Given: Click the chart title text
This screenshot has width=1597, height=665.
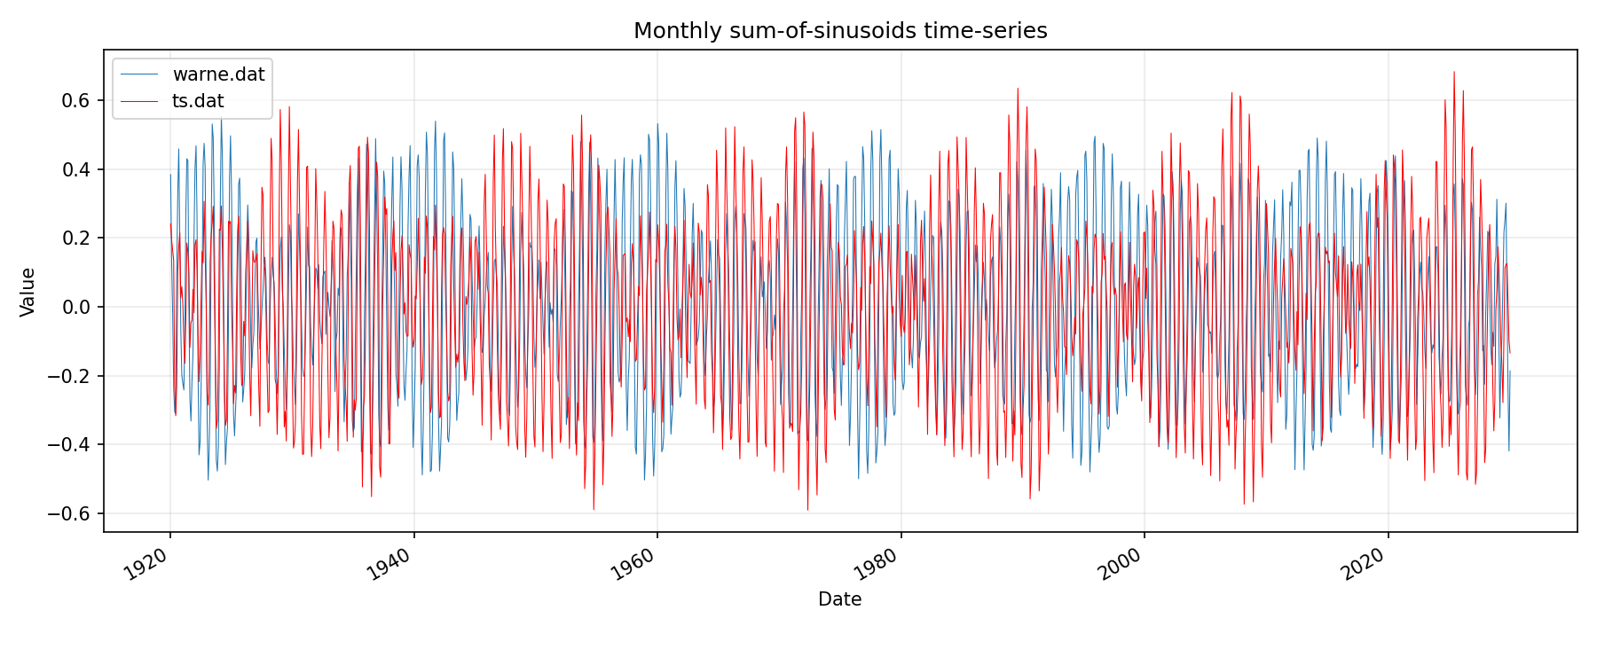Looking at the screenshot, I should tap(840, 31).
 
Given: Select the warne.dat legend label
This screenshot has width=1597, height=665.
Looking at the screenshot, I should tap(218, 74).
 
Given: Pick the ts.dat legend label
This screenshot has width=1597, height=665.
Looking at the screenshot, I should tap(198, 101).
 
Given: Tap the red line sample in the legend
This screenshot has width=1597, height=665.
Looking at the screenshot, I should tap(139, 101).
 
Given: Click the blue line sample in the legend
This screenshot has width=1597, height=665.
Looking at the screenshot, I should tap(139, 74).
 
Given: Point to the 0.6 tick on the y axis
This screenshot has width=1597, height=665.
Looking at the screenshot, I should tap(76, 100).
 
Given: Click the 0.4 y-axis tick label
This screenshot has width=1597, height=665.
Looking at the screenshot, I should tap(76, 169).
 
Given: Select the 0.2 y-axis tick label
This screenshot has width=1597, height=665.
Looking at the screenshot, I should tap(76, 238).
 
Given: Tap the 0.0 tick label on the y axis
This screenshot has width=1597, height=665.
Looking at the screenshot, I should tap(76, 307).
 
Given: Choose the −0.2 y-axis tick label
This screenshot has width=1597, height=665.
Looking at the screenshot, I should tap(70, 376).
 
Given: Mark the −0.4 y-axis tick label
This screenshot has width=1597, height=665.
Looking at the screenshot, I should tap(70, 444).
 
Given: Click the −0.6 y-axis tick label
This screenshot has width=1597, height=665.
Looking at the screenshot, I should tap(70, 513).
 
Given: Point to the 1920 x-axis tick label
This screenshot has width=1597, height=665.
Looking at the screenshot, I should tap(148, 564).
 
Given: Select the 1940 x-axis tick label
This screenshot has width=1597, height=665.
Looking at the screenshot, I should tap(391, 564).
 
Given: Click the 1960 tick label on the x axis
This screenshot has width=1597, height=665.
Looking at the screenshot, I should tap(635, 564).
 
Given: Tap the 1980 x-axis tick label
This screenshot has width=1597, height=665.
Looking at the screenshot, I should tap(878, 564).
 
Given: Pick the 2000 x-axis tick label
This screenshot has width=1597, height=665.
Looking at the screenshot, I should tap(1122, 564).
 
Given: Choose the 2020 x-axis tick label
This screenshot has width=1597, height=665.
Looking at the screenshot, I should tap(1365, 564).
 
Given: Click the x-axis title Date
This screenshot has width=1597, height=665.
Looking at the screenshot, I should tap(839, 599).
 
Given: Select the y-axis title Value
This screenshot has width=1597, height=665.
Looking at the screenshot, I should tap(28, 292).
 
